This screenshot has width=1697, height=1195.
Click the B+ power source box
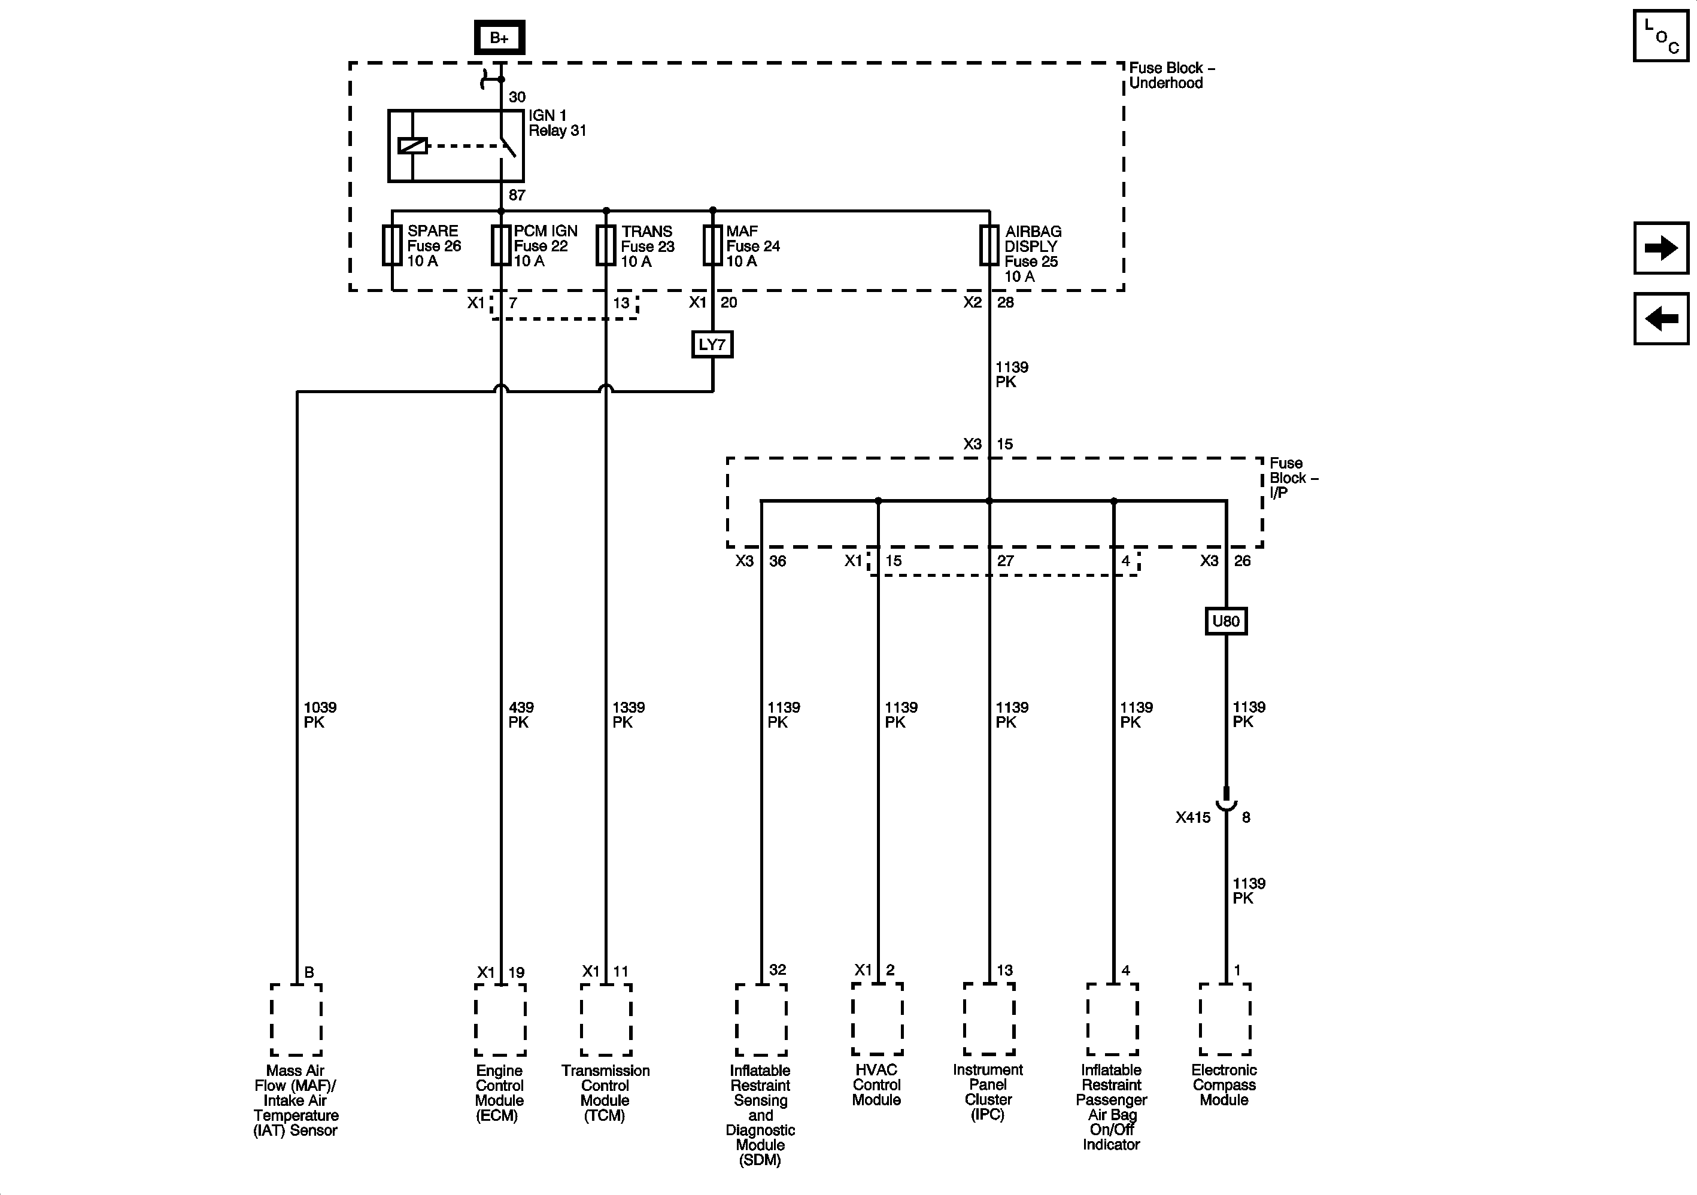coord(500,38)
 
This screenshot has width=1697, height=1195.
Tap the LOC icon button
coord(1660,35)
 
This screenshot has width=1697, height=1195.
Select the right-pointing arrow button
coord(1660,248)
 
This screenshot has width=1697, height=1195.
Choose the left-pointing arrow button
coord(1660,318)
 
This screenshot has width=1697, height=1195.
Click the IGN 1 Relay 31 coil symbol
coord(412,145)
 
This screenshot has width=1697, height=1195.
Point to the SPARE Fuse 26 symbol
coord(391,245)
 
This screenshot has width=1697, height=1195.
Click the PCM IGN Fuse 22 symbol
coord(501,245)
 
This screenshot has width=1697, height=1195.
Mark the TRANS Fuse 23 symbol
coord(606,245)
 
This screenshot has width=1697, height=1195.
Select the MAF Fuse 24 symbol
coord(712,245)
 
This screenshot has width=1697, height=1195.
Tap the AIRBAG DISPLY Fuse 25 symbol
coord(989,245)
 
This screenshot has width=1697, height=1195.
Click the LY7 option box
coord(712,345)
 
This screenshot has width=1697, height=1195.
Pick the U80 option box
coord(1225,621)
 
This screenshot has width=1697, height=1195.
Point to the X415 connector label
coord(1193,817)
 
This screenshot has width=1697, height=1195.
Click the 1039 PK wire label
coord(319,714)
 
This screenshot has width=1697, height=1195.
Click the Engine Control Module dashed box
coord(500,1019)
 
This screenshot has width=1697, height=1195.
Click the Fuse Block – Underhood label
coord(1171,75)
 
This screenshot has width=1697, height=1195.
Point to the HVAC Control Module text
coord(876,1084)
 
